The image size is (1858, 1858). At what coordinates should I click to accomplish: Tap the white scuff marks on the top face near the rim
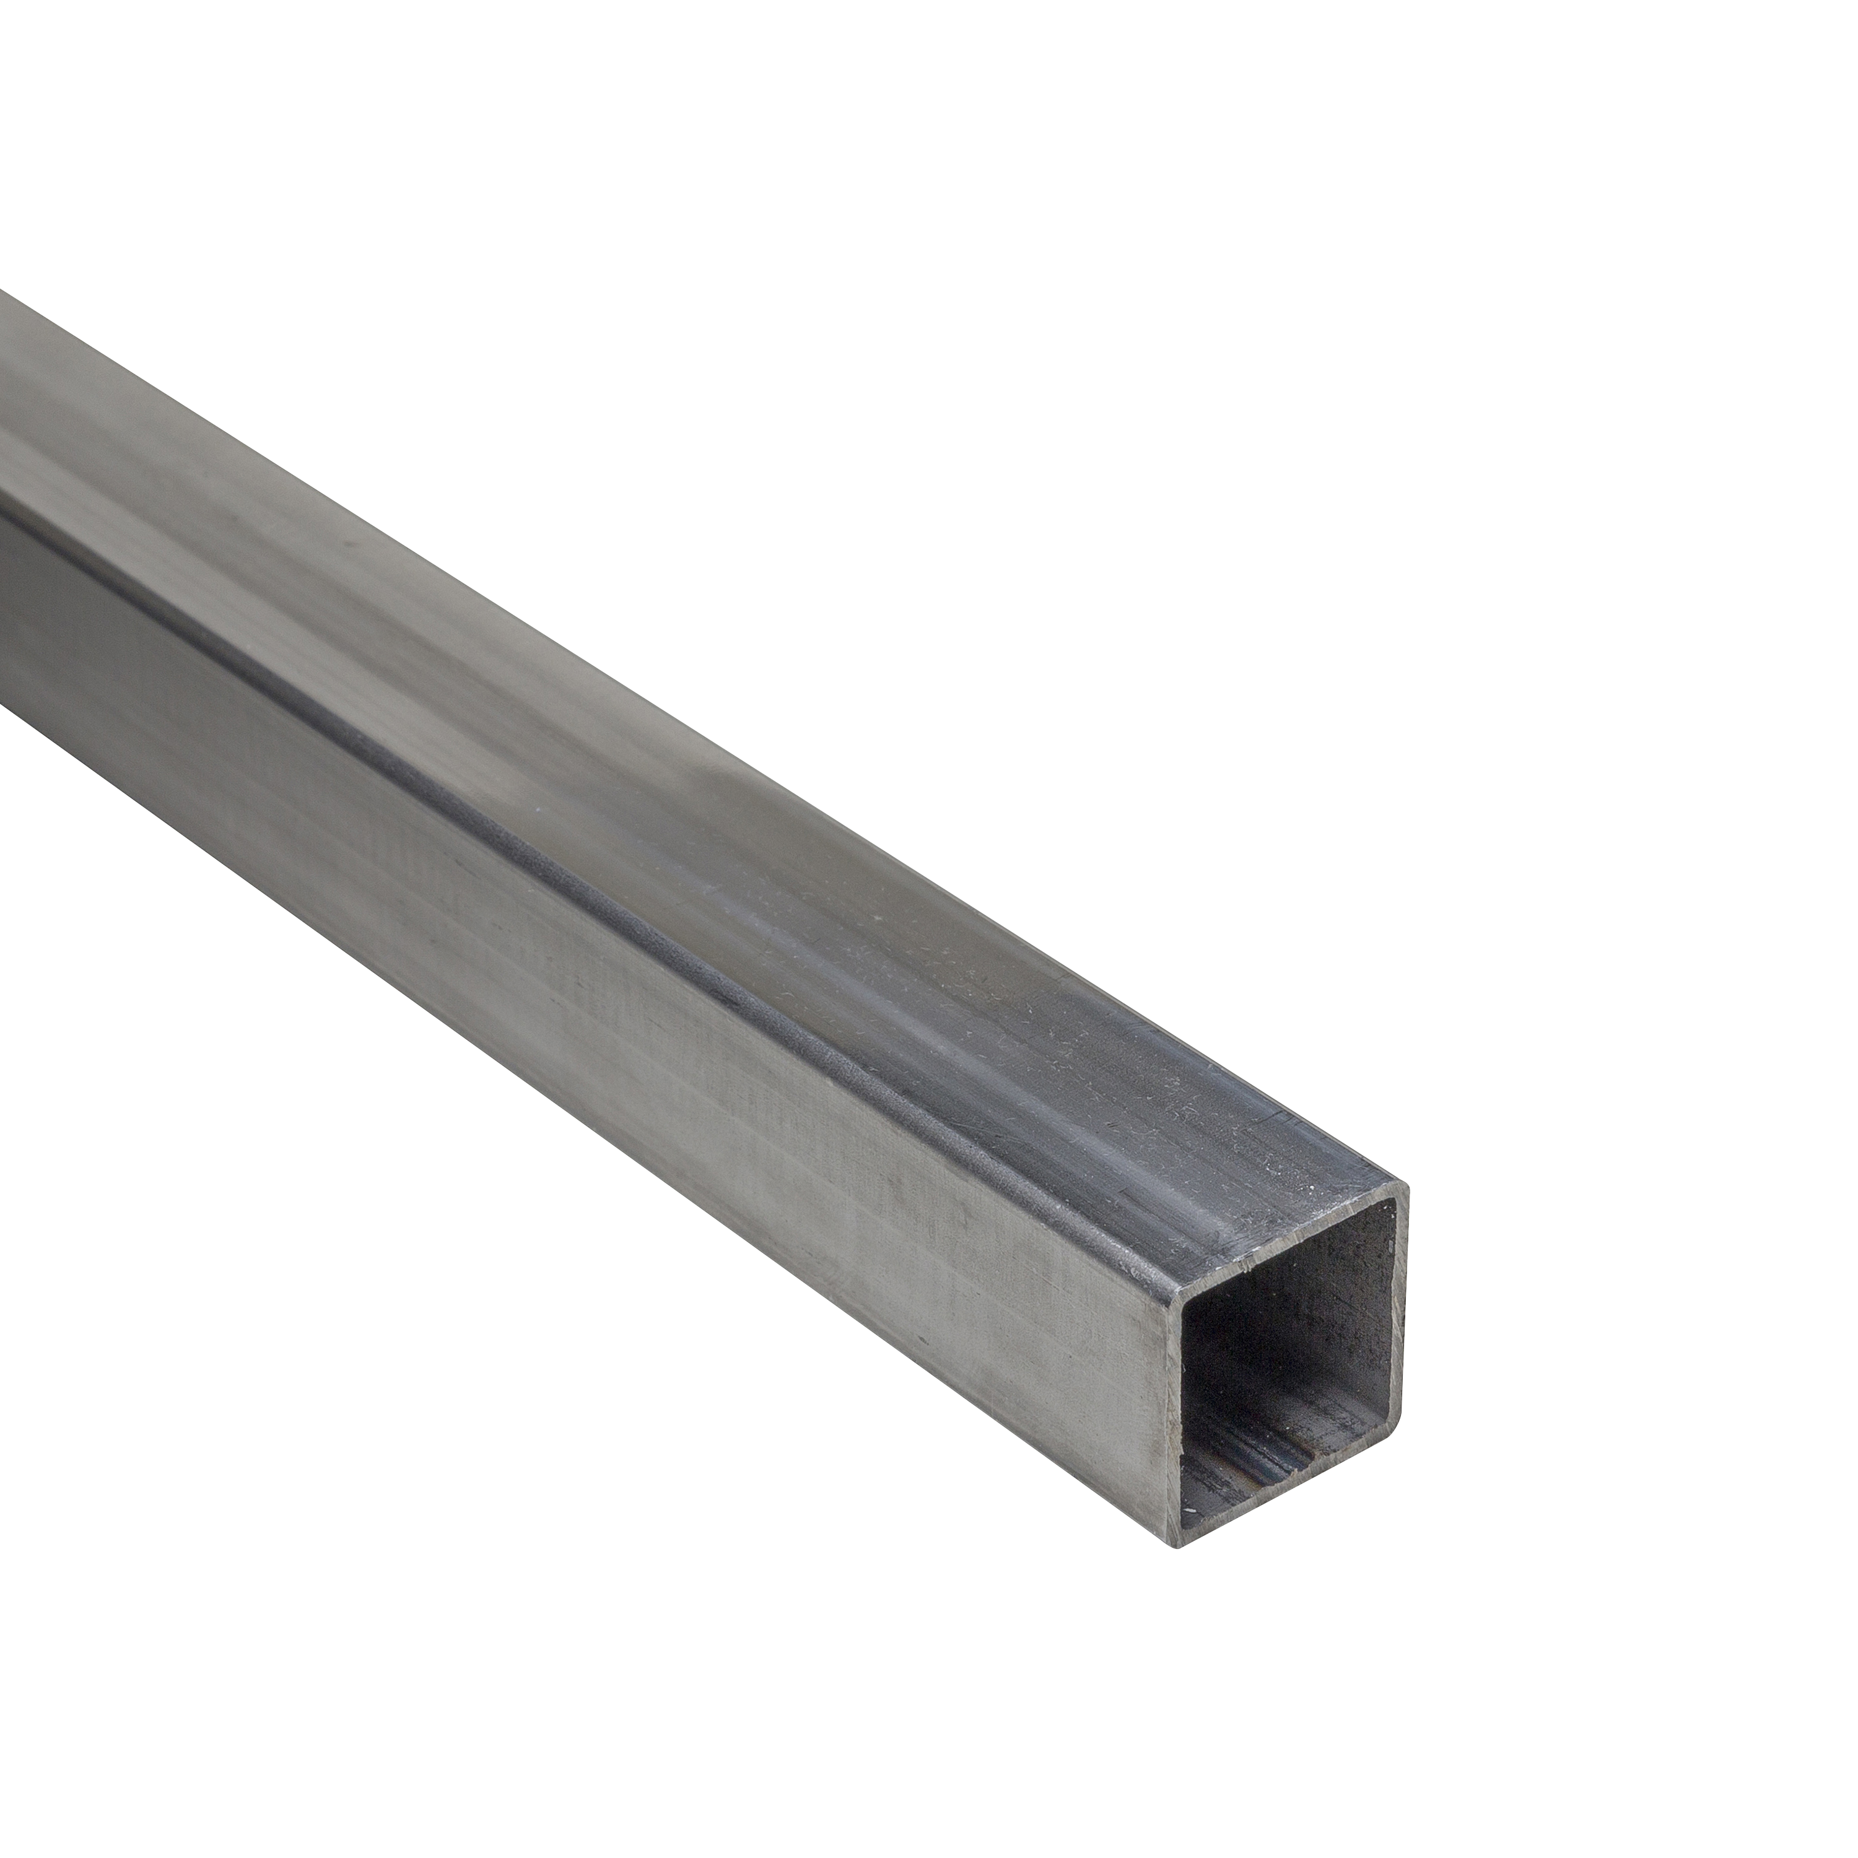click(x=1183, y=1115)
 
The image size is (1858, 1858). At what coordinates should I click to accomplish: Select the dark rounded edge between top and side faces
click(x=673, y=923)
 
